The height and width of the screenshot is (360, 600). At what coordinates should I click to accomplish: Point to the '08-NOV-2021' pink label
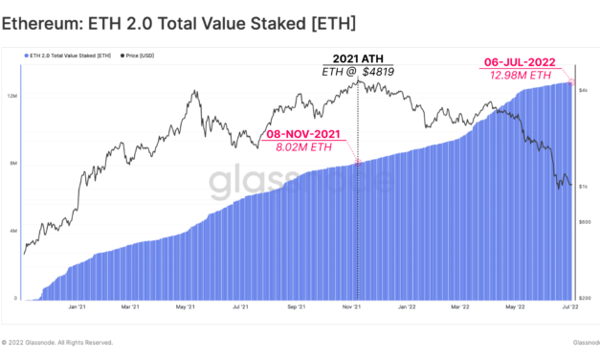[x=302, y=134]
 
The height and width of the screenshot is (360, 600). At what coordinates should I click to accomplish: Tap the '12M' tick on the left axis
[x=12, y=96]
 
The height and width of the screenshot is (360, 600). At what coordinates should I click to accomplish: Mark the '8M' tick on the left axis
[x=12, y=164]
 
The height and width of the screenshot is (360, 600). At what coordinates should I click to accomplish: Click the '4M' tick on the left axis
[x=12, y=231]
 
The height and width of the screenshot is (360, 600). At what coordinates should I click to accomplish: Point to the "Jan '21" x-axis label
[x=78, y=308]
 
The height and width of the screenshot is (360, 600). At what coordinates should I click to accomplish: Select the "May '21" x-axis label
[x=188, y=308]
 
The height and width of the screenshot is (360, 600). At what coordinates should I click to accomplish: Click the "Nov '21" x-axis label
[x=351, y=308]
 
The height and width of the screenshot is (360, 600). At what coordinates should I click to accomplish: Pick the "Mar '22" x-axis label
[x=460, y=308]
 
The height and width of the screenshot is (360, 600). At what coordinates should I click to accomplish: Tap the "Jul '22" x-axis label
[x=568, y=308]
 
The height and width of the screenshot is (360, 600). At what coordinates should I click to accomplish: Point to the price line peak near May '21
[x=195, y=91]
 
